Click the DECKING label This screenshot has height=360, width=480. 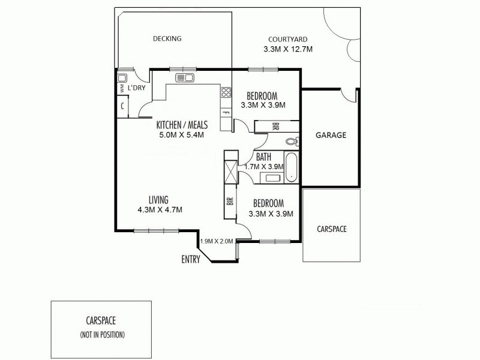(167, 39)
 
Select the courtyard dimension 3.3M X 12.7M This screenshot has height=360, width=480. (289, 49)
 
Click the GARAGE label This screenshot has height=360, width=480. (331, 136)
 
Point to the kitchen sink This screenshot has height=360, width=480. (184, 78)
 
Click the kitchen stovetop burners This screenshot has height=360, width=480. (226, 92)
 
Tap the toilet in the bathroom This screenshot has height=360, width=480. (292, 142)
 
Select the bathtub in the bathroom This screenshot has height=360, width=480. (291, 168)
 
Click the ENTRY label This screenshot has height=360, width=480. (191, 259)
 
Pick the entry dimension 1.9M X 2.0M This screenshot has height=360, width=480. (216, 241)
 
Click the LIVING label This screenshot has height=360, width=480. (158, 200)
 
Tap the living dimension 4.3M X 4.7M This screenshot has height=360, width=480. (160, 210)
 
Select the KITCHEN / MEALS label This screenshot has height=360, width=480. (182, 125)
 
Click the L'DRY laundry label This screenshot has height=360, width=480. (137, 88)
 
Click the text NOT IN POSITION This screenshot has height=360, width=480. (102, 334)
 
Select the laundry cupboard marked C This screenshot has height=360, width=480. (122, 106)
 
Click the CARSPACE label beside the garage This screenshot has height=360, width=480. (331, 229)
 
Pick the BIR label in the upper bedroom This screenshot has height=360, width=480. (275, 127)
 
